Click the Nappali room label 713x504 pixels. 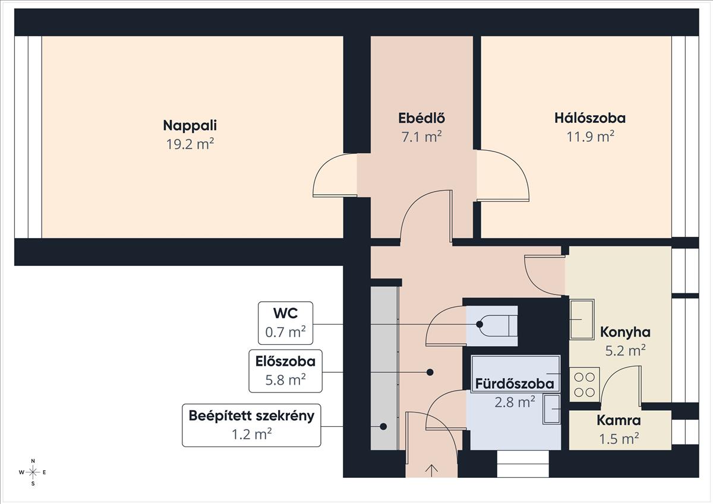point(190,126)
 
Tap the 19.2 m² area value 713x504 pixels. point(190,144)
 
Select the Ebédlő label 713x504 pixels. point(421,118)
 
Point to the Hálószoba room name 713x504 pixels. point(590,118)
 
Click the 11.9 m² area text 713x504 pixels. point(590,137)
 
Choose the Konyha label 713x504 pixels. point(625,332)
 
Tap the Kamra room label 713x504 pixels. point(619,421)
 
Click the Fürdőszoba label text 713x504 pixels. point(515,384)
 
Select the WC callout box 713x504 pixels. point(285,323)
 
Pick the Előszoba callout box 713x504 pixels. point(285,371)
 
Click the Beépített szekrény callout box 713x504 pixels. point(251,426)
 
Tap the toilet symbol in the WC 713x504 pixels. point(498,325)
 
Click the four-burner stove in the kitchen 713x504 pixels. point(585,385)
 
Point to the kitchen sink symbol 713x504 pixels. point(582,319)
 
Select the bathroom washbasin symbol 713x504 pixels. point(551,409)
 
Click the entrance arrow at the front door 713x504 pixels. point(431,471)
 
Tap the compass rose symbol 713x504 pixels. point(33,473)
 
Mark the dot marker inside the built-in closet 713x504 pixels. point(383,426)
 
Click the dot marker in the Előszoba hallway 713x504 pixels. point(430,372)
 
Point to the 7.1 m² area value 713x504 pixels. point(421,137)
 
